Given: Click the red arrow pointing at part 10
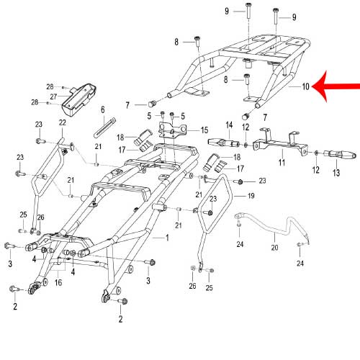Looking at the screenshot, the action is pos(336,86).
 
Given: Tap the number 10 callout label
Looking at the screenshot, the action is pos(305,86).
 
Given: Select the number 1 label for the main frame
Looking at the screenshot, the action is pos(167,238).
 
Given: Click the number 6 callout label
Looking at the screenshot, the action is pos(103,109).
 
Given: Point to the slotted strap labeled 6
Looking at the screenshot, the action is pos(104,127).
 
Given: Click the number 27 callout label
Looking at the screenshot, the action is pos(53,96).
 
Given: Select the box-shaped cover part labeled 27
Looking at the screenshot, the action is pos(79,100).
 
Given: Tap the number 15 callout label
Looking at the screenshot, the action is pos(204,130).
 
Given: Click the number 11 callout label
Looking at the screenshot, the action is pos(282,163).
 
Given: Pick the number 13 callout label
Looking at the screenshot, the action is pos(336,173).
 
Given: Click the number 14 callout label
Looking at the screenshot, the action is pos(229,125).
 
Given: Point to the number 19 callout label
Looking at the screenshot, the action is pos(251,196).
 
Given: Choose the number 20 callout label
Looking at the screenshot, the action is pos(274,248).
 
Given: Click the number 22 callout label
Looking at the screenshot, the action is pos(63,122).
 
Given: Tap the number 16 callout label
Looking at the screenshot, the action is pos(58,282).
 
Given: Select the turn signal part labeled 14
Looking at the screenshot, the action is pos(224,143).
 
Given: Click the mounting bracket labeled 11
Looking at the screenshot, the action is pos(280,143).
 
